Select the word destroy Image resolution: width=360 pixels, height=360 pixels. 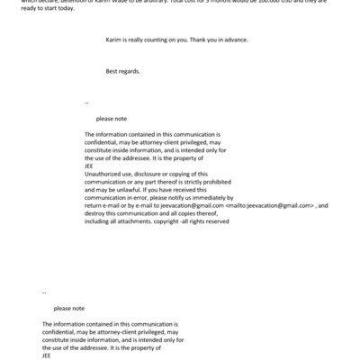96,213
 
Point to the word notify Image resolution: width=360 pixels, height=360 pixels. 181,197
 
